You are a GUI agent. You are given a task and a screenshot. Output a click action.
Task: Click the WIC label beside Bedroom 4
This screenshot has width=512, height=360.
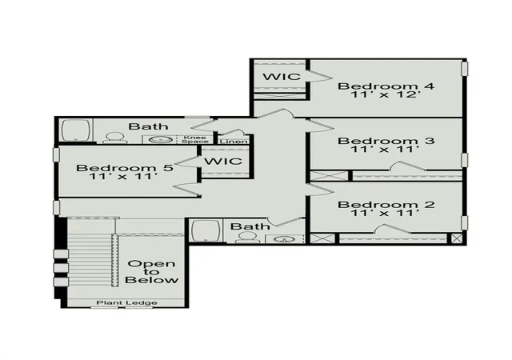pyautogui.click(x=282, y=77)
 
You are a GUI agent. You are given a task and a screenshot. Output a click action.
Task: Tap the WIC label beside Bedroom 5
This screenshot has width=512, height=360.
pyautogui.click(x=223, y=161)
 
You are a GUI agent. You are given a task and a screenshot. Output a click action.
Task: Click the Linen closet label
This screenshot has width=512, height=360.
pyautogui.click(x=234, y=142)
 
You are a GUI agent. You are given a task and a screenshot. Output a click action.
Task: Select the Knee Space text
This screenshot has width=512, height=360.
pyautogui.click(x=195, y=139)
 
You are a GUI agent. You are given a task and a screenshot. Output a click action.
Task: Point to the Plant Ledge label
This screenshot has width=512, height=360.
pyautogui.click(x=126, y=303)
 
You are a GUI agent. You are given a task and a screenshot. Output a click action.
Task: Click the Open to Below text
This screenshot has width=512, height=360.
pyautogui.click(x=152, y=272)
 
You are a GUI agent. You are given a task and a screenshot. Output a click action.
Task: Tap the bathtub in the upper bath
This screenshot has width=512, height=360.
pyautogui.click(x=76, y=130)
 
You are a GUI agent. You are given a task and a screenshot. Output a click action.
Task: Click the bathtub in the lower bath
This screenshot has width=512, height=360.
pyautogui.click(x=206, y=230)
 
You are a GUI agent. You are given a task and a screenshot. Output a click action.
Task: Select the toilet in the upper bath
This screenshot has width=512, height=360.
pyautogui.click(x=115, y=138)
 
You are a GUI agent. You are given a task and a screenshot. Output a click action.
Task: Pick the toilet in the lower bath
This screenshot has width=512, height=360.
pyautogui.click(x=247, y=238)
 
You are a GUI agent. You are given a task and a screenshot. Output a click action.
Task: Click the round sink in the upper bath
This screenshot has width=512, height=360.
pyautogui.click(x=161, y=140)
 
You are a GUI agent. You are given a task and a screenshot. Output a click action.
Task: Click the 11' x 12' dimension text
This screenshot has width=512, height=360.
pyautogui.click(x=385, y=94)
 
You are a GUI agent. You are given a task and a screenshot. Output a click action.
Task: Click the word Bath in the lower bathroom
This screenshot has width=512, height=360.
pyautogui.click(x=250, y=226)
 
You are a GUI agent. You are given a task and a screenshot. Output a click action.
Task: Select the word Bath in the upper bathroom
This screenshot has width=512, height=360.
pyautogui.click(x=148, y=126)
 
